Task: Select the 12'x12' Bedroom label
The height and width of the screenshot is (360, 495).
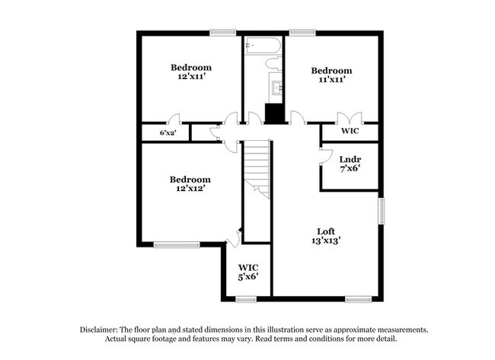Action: click(190, 183)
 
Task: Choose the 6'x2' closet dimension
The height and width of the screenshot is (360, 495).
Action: click(167, 133)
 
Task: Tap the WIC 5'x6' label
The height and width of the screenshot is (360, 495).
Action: click(249, 272)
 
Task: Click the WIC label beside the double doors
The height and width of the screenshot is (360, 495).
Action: click(350, 131)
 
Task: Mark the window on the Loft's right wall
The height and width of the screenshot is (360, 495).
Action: click(382, 211)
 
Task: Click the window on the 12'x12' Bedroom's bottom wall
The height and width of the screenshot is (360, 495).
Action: click(172, 244)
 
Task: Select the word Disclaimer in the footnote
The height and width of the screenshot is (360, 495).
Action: click(102, 330)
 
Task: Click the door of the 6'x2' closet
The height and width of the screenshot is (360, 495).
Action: click(174, 119)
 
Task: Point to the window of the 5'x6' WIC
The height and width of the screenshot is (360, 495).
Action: click(245, 298)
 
